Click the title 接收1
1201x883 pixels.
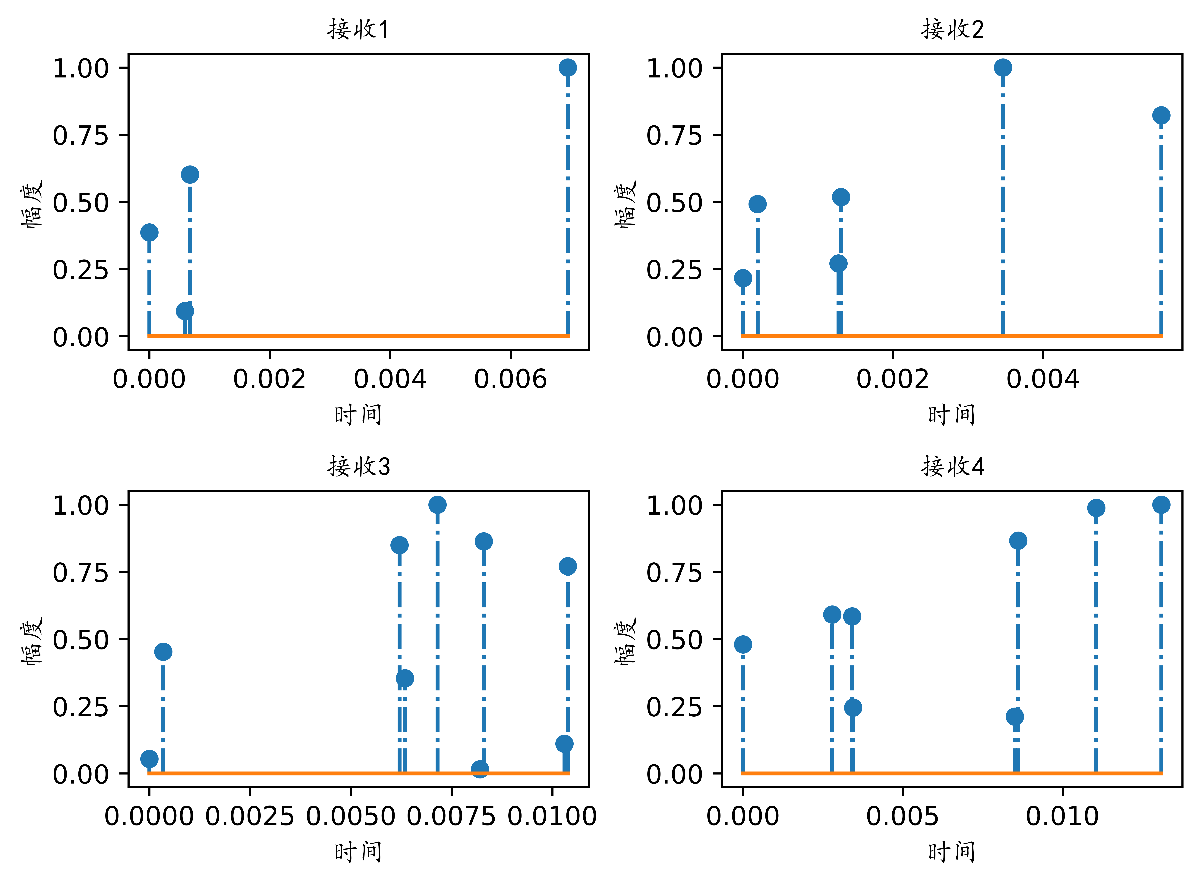[x=358, y=29]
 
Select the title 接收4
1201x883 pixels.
[x=952, y=467]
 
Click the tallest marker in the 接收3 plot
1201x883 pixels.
[x=437, y=504]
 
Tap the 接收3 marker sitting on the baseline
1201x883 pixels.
[x=480, y=769]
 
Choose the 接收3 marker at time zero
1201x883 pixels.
[x=149, y=759]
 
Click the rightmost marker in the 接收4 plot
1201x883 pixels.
[x=1161, y=504]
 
